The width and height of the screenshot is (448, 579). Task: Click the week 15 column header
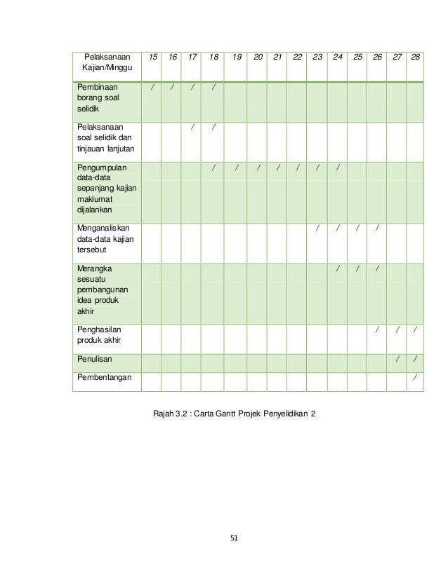[x=152, y=55]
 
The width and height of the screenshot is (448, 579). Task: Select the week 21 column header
[x=277, y=55]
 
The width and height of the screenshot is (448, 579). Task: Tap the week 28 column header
[x=416, y=55]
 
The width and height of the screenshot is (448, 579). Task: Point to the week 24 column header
[x=338, y=55]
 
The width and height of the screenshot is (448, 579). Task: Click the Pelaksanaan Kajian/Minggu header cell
[x=107, y=61]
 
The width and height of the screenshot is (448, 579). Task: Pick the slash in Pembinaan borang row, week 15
[x=152, y=88]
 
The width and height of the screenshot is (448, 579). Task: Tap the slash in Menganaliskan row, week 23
[x=317, y=228]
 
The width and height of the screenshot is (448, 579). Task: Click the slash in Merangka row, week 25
[x=358, y=268]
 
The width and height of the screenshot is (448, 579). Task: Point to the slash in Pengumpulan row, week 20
[x=258, y=168]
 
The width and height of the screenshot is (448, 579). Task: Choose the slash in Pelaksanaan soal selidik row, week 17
[x=191, y=128]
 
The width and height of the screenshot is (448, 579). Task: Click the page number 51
[x=235, y=538]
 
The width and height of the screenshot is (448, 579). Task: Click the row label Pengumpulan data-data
[x=107, y=186]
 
